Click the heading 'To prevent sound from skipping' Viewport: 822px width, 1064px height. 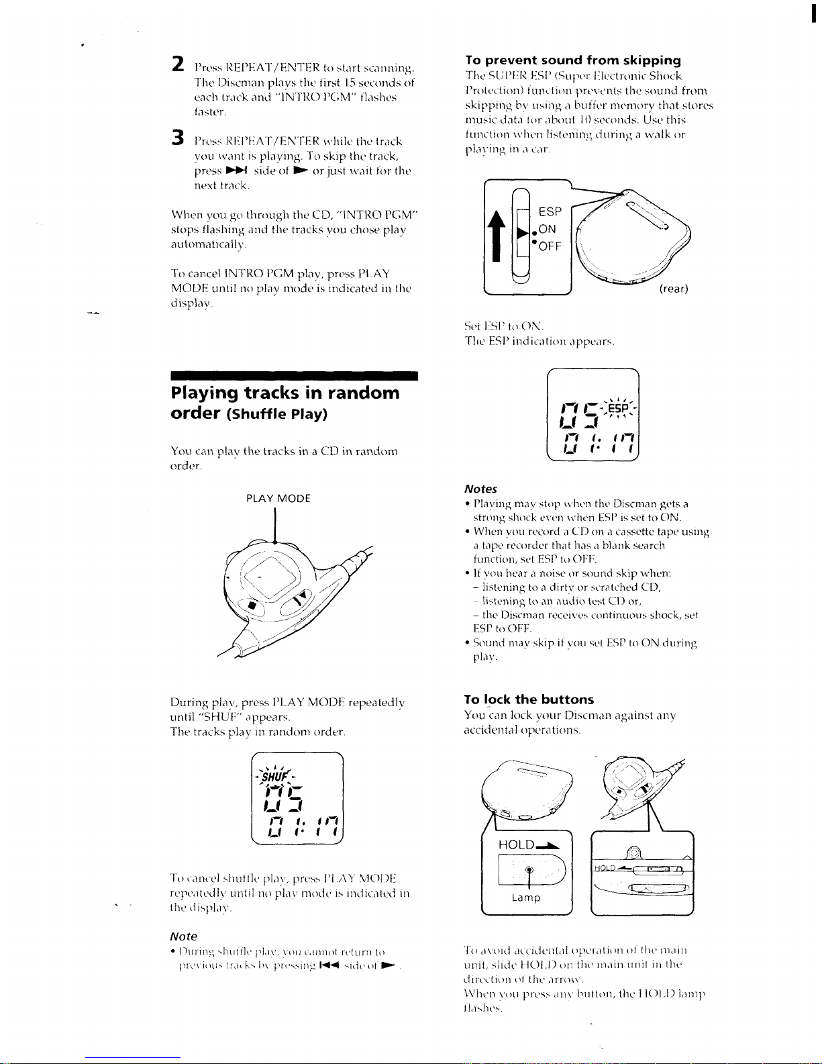point(573,60)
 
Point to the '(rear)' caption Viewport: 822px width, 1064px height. point(673,289)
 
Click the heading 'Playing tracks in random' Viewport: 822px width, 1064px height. point(285,393)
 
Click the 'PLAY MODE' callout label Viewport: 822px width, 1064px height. point(278,498)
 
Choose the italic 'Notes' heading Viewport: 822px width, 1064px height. point(480,489)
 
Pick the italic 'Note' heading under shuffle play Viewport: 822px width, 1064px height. point(184,936)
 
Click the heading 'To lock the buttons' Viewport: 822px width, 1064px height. point(529,699)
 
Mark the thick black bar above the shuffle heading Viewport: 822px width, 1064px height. point(295,375)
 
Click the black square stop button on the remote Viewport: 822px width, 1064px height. point(252,605)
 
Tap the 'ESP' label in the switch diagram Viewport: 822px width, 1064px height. point(550,211)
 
